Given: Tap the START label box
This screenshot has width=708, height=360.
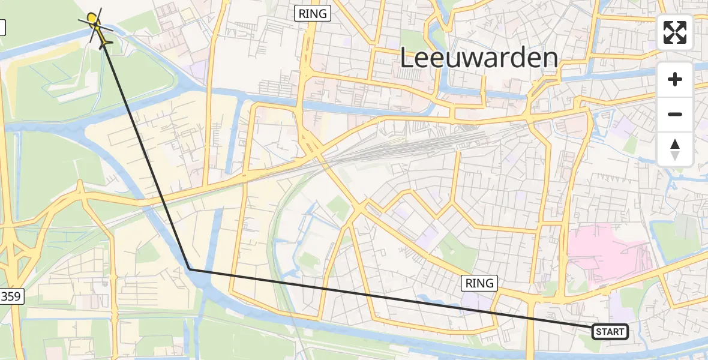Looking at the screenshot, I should [610, 331].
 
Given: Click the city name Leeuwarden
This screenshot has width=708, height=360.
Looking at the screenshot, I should [478, 59].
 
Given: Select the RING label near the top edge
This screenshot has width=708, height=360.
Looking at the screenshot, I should [313, 13].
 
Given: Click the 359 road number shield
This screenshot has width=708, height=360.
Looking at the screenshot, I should [11, 296].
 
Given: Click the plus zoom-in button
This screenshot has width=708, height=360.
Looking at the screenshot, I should [675, 79].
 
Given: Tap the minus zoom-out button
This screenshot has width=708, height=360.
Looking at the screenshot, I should [675, 114].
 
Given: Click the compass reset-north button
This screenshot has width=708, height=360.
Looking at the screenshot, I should [675, 149].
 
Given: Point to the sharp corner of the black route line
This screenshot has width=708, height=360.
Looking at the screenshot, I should [190, 269].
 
